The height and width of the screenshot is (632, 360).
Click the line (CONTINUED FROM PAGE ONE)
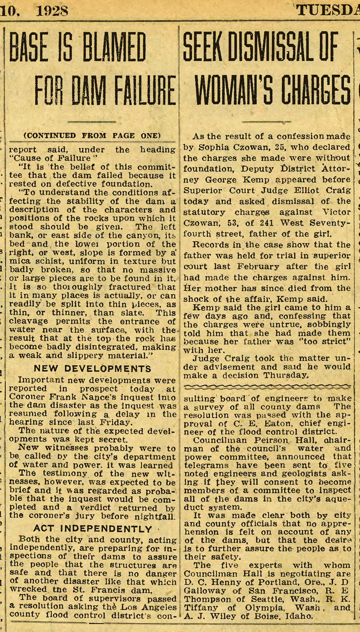[x=92, y=135]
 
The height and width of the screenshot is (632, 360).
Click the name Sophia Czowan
[x=223, y=147]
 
